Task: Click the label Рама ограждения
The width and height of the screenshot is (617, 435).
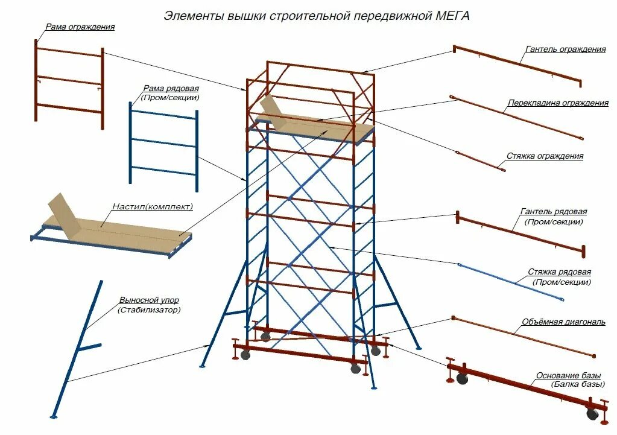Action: tap(80, 27)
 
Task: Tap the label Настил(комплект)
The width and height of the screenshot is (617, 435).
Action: tap(153, 207)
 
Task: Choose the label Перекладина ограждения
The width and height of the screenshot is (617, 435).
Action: tap(557, 103)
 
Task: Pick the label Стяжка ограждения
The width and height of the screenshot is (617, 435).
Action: tap(553, 156)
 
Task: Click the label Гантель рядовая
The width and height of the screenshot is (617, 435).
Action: tap(553, 212)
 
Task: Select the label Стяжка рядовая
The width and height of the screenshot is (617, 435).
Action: tap(559, 272)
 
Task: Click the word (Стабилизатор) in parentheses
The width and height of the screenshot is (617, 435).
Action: tap(149, 310)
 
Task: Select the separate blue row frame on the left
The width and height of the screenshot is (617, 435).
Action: tap(163, 143)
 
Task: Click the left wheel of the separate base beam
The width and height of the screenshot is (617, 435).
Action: tap(462, 379)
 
